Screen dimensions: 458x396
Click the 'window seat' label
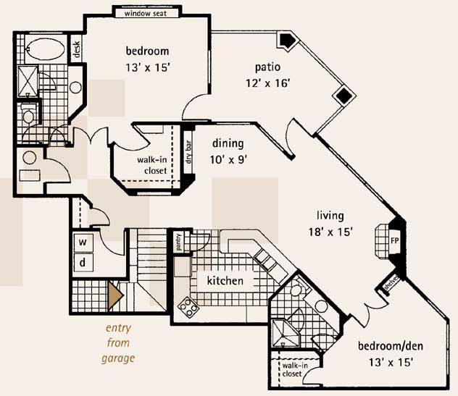coord(146,14)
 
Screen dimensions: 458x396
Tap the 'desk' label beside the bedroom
coord(76,49)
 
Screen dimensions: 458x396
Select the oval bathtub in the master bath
coord(46,49)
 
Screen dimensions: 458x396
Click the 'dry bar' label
coord(188,152)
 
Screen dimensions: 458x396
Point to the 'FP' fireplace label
coord(395,241)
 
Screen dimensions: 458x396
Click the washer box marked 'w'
coord(83,242)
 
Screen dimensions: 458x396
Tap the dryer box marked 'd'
coord(83,263)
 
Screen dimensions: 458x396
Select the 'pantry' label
coord(179,243)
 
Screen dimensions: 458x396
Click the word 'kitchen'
coord(225,281)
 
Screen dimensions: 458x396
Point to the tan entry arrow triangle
coord(115,295)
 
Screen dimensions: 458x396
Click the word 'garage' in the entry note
coord(118,358)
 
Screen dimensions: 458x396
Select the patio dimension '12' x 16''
coord(267,84)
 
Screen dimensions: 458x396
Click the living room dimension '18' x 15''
coord(330,232)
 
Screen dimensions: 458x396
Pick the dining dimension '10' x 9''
coord(229,160)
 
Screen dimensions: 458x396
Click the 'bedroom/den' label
coord(391,346)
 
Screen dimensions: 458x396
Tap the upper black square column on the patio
coord(287,40)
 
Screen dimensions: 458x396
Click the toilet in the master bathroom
coord(28,114)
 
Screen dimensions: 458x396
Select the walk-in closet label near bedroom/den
coord(295,369)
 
